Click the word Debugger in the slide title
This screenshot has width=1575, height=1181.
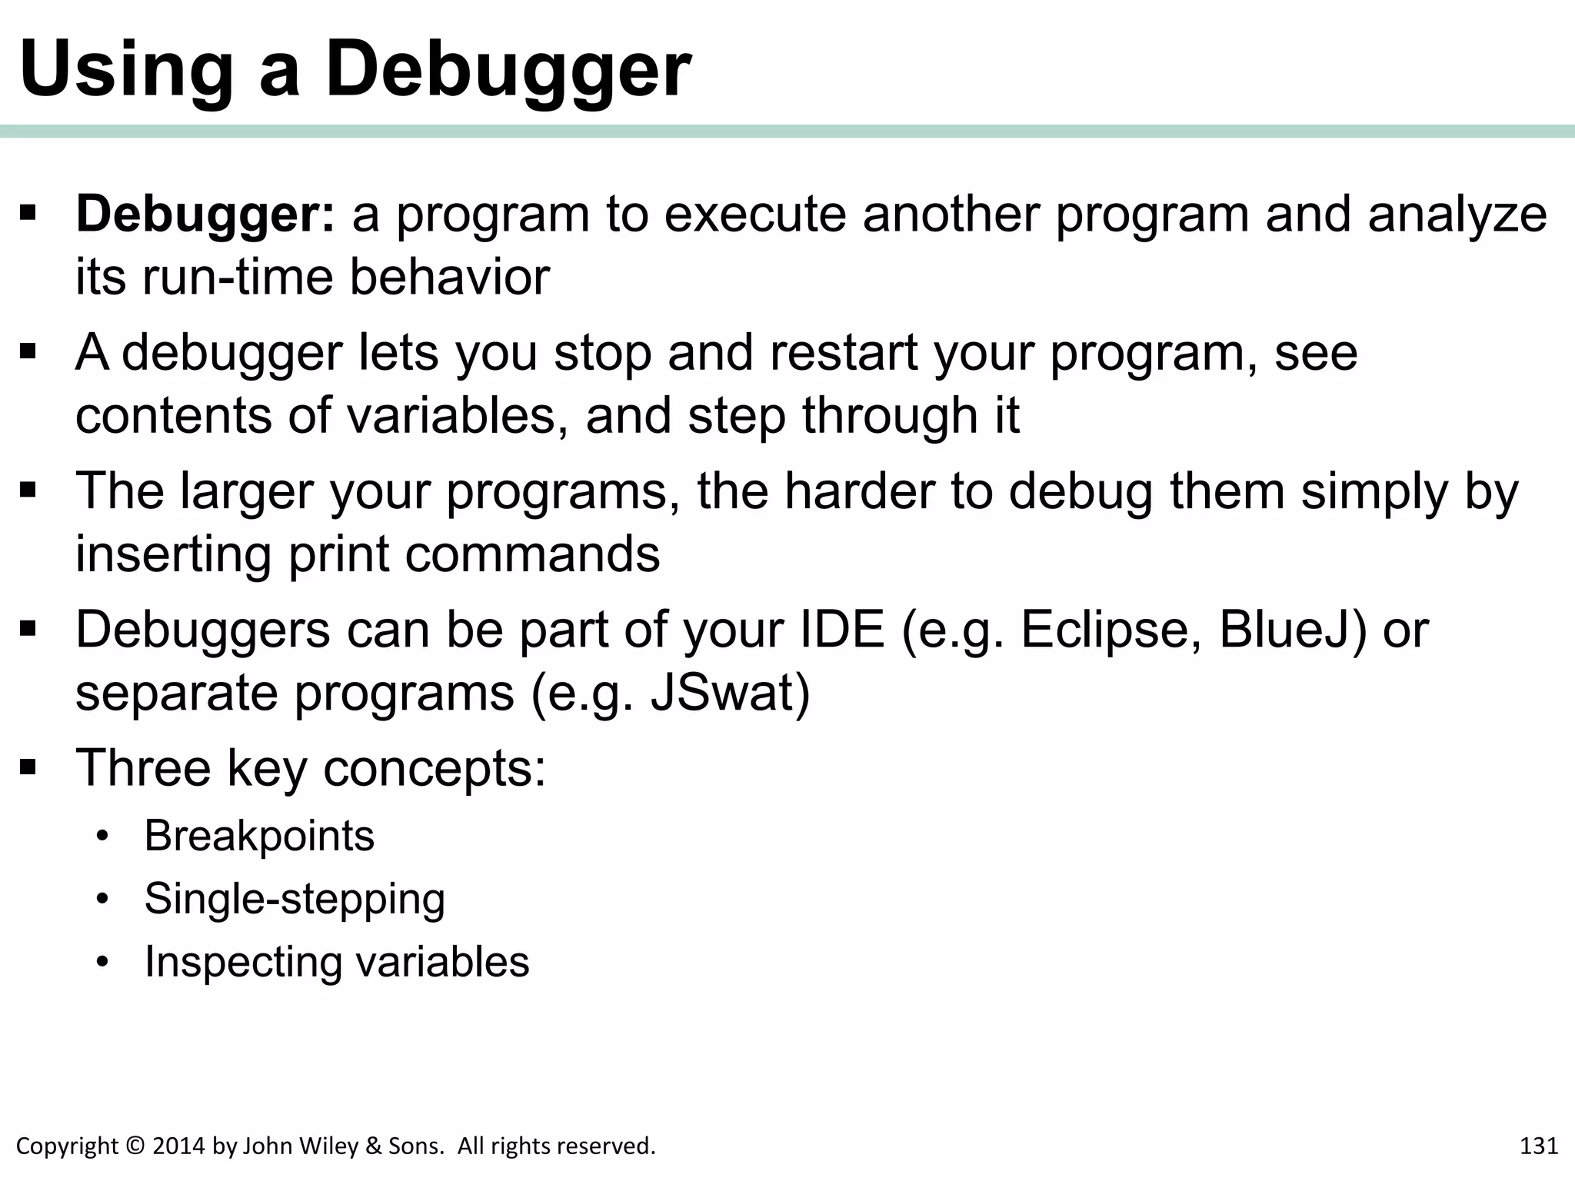508,71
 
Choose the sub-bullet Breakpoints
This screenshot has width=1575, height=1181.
259,836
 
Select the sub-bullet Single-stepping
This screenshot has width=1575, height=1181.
295,899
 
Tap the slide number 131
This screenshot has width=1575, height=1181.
1539,1146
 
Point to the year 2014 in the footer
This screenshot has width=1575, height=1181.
179,1146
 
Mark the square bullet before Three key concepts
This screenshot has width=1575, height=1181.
29,767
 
